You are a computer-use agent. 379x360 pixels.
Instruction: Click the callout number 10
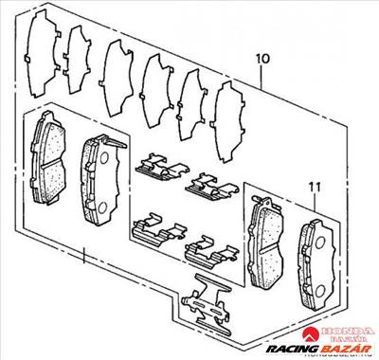pos(262,59)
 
